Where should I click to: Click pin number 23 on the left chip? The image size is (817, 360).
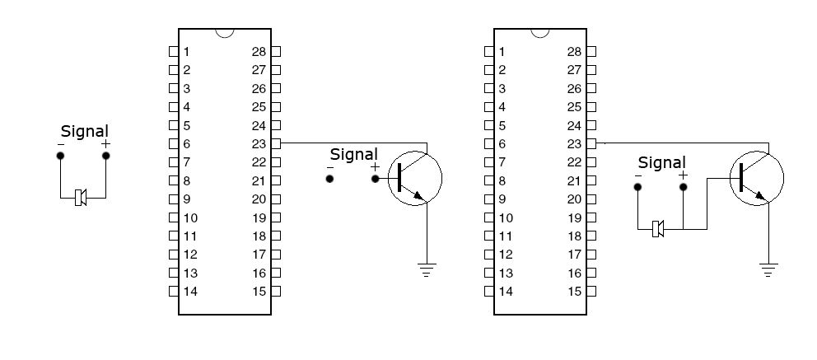259,143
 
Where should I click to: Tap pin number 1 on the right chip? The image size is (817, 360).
502,51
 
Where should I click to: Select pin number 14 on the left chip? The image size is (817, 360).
190,291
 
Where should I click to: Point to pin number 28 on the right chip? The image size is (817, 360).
575,51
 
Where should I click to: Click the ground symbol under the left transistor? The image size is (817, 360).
427,269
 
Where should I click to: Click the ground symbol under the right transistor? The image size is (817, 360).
768,269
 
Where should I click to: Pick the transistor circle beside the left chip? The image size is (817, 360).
414,177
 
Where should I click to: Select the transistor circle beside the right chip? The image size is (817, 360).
756,178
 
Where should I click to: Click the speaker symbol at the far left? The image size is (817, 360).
81,198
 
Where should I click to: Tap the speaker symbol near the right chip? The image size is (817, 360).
658,228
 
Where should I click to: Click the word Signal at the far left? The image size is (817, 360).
84,131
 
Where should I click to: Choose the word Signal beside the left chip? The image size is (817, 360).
353,154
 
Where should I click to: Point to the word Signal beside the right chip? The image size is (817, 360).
661,163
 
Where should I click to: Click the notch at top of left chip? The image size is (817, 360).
224,33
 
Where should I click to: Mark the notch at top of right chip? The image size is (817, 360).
540,33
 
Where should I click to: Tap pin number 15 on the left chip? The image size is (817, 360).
259,291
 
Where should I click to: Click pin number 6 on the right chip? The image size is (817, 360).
502,143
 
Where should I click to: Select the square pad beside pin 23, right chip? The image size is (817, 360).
591,143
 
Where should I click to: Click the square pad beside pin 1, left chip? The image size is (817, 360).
173,51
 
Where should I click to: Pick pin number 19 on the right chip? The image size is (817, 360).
575,217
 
